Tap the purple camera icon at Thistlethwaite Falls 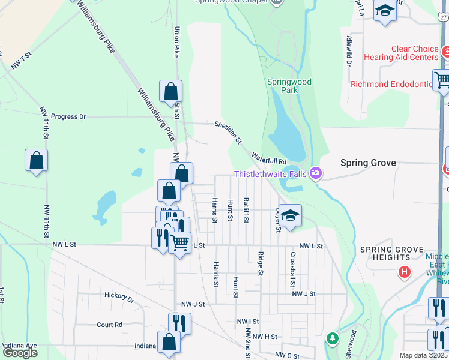coord(316,174)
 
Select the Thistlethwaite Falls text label coord(270,175)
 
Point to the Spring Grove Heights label coord(392,253)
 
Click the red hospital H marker coord(405,272)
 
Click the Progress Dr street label coord(68,116)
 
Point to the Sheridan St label coord(229,132)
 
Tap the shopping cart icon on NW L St coord(179,242)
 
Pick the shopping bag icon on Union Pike coord(171,91)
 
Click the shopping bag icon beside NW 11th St coord(36,160)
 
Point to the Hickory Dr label coord(118,296)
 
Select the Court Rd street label coord(109,325)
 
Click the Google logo coord(19,353)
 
